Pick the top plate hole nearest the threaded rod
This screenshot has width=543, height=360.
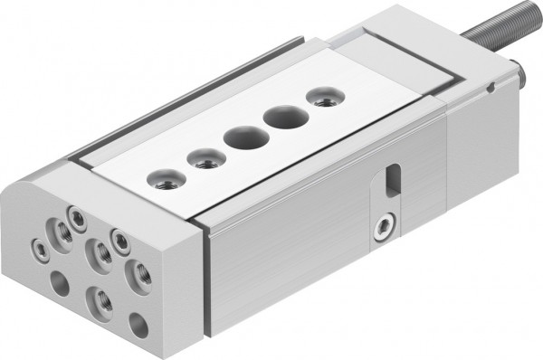[321, 95]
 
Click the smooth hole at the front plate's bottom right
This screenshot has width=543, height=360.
[138, 324]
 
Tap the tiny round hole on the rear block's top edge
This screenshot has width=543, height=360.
[490, 88]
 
